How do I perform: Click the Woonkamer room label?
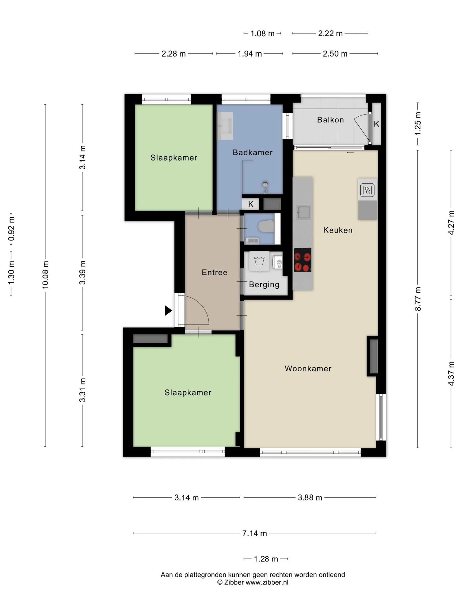tap(308, 368)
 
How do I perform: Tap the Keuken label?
tap(338, 230)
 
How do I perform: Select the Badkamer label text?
tap(252, 152)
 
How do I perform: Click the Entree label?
tap(215, 273)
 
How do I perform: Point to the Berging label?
tap(264, 285)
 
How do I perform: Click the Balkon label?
tap(330, 120)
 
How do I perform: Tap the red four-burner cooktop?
tap(303, 260)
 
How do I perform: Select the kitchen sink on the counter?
tap(303, 212)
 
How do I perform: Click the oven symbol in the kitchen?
tap(367, 190)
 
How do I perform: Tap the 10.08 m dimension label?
tap(46, 275)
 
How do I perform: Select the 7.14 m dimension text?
tap(254, 533)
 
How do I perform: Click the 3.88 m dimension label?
tap(310, 497)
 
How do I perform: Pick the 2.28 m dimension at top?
tap(174, 54)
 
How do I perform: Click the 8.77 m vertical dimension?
tap(418, 299)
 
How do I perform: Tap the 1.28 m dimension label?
tap(266, 559)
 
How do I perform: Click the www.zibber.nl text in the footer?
tap(267, 582)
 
